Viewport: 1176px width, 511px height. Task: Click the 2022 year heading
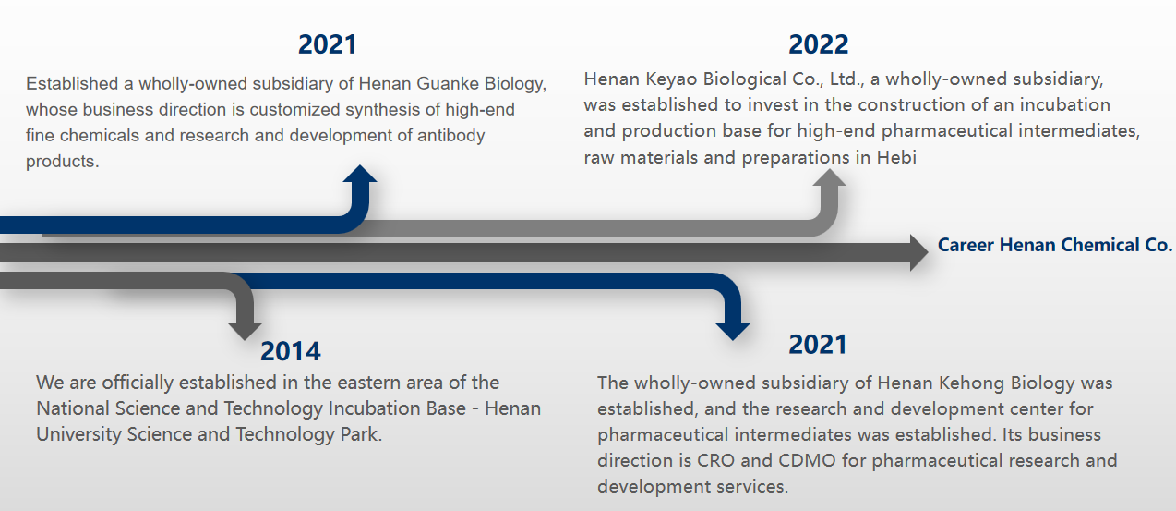pyautogui.click(x=819, y=44)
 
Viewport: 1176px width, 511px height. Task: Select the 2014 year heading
pyautogui.click(x=291, y=351)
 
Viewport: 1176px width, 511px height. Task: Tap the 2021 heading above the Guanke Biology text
pyautogui.click(x=328, y=44)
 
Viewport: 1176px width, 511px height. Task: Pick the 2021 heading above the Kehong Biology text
pyautogui.click(x=818, y=345)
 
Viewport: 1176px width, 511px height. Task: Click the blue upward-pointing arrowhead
pyautogui.click(x=360, y=174)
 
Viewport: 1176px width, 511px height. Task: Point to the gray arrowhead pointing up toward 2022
pyautogui.click(x=829, y=177)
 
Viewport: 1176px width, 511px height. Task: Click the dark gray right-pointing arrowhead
pyautogui.click(x=919, y=253)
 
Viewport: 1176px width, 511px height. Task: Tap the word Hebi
pyautogui.click(x=896, y=157)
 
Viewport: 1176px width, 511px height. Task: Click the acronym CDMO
pyautogui.click(x=807, y=460)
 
